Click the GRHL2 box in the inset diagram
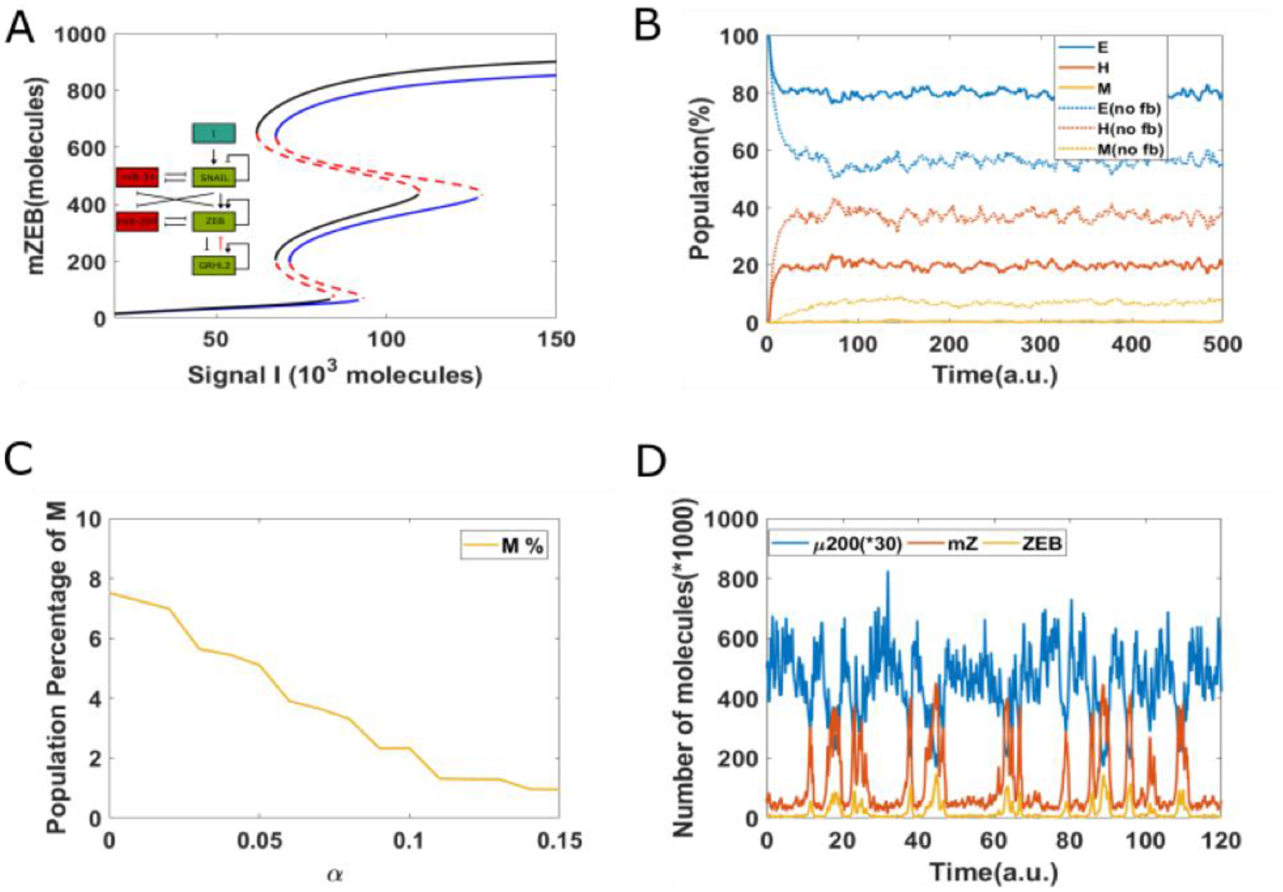coord(214,265)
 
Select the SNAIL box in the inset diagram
coord(214,178)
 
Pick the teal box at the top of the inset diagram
coord(214,133)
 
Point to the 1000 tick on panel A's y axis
coord(80,35)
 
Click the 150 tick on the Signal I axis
coord(556,339)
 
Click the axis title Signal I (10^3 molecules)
coord(334,374)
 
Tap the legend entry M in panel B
coord(1104,88)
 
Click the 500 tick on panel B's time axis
coord(1221,344)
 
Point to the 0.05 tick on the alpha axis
coord(259,840)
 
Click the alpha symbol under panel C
coord(334,874)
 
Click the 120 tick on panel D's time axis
coord(1221,840)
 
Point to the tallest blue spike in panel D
coord(888,573)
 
